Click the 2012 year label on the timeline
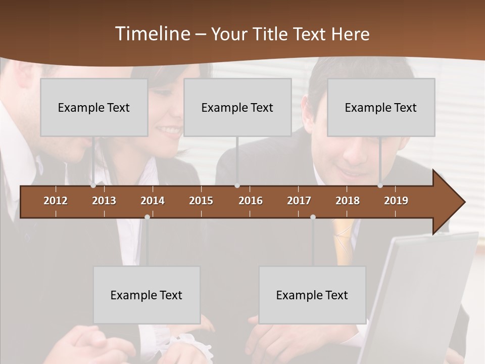point(56,201)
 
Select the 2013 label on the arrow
point(104,201)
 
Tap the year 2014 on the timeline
point(153,201)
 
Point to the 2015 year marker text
point(201,201)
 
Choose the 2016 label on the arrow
point(251,201)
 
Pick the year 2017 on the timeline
point(299,201)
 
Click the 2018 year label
point(348,201)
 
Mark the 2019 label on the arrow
point(396,201)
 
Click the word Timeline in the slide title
point(152,34)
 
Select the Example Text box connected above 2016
point(237,107)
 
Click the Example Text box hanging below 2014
point(147,295)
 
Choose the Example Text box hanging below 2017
point(312,295)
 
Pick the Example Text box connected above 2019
point(381,107)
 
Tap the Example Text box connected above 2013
point(94,107)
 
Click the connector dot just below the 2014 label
point(147,217)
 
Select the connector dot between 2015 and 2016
point(237,186)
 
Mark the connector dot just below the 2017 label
point(313,217)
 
